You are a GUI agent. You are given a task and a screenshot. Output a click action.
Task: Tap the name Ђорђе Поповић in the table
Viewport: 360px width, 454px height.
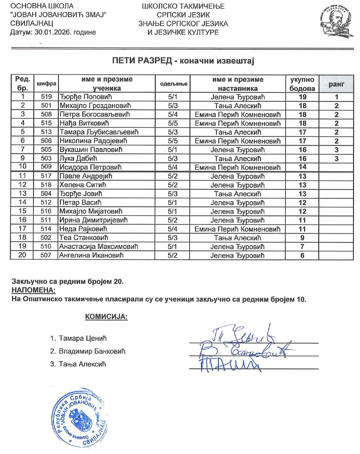(x=81, y=97)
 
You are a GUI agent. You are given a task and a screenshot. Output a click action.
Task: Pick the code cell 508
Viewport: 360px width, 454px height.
(x=46, y=114)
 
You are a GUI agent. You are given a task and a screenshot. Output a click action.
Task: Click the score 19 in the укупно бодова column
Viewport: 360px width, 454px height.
(x=302, y=97)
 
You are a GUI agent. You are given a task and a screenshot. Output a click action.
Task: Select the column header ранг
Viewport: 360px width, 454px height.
(x=336, y=84)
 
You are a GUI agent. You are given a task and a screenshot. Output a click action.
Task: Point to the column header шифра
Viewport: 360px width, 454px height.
(x=46, y=84)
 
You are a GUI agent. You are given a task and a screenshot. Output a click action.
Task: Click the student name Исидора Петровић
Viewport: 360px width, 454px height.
(x=90, y=167)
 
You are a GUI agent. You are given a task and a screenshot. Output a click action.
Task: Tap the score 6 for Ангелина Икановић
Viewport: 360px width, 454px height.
(x=302, y=255)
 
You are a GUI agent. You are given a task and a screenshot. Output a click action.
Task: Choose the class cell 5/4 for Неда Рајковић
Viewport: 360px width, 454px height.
(x=173, y=229)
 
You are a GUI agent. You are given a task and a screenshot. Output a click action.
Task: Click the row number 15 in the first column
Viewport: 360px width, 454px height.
(x=22, y=211)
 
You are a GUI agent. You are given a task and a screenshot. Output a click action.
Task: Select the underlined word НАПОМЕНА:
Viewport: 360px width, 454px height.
(x=33, y=290)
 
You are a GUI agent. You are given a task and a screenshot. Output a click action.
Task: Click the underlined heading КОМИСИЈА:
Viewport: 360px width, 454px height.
(x=106, y=317)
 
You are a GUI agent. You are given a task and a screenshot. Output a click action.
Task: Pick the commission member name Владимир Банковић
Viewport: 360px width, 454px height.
(x=92, y=351)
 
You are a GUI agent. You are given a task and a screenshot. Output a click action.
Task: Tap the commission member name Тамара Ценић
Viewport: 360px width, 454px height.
(x=83, y=338)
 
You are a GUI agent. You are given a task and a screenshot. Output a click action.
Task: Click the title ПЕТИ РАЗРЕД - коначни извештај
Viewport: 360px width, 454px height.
(x=183, y=61)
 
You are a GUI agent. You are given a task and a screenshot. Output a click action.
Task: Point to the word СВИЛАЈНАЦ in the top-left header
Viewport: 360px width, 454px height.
(x=32, y=24)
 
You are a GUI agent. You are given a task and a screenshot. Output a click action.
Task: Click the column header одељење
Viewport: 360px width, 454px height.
(x=173, y=84)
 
